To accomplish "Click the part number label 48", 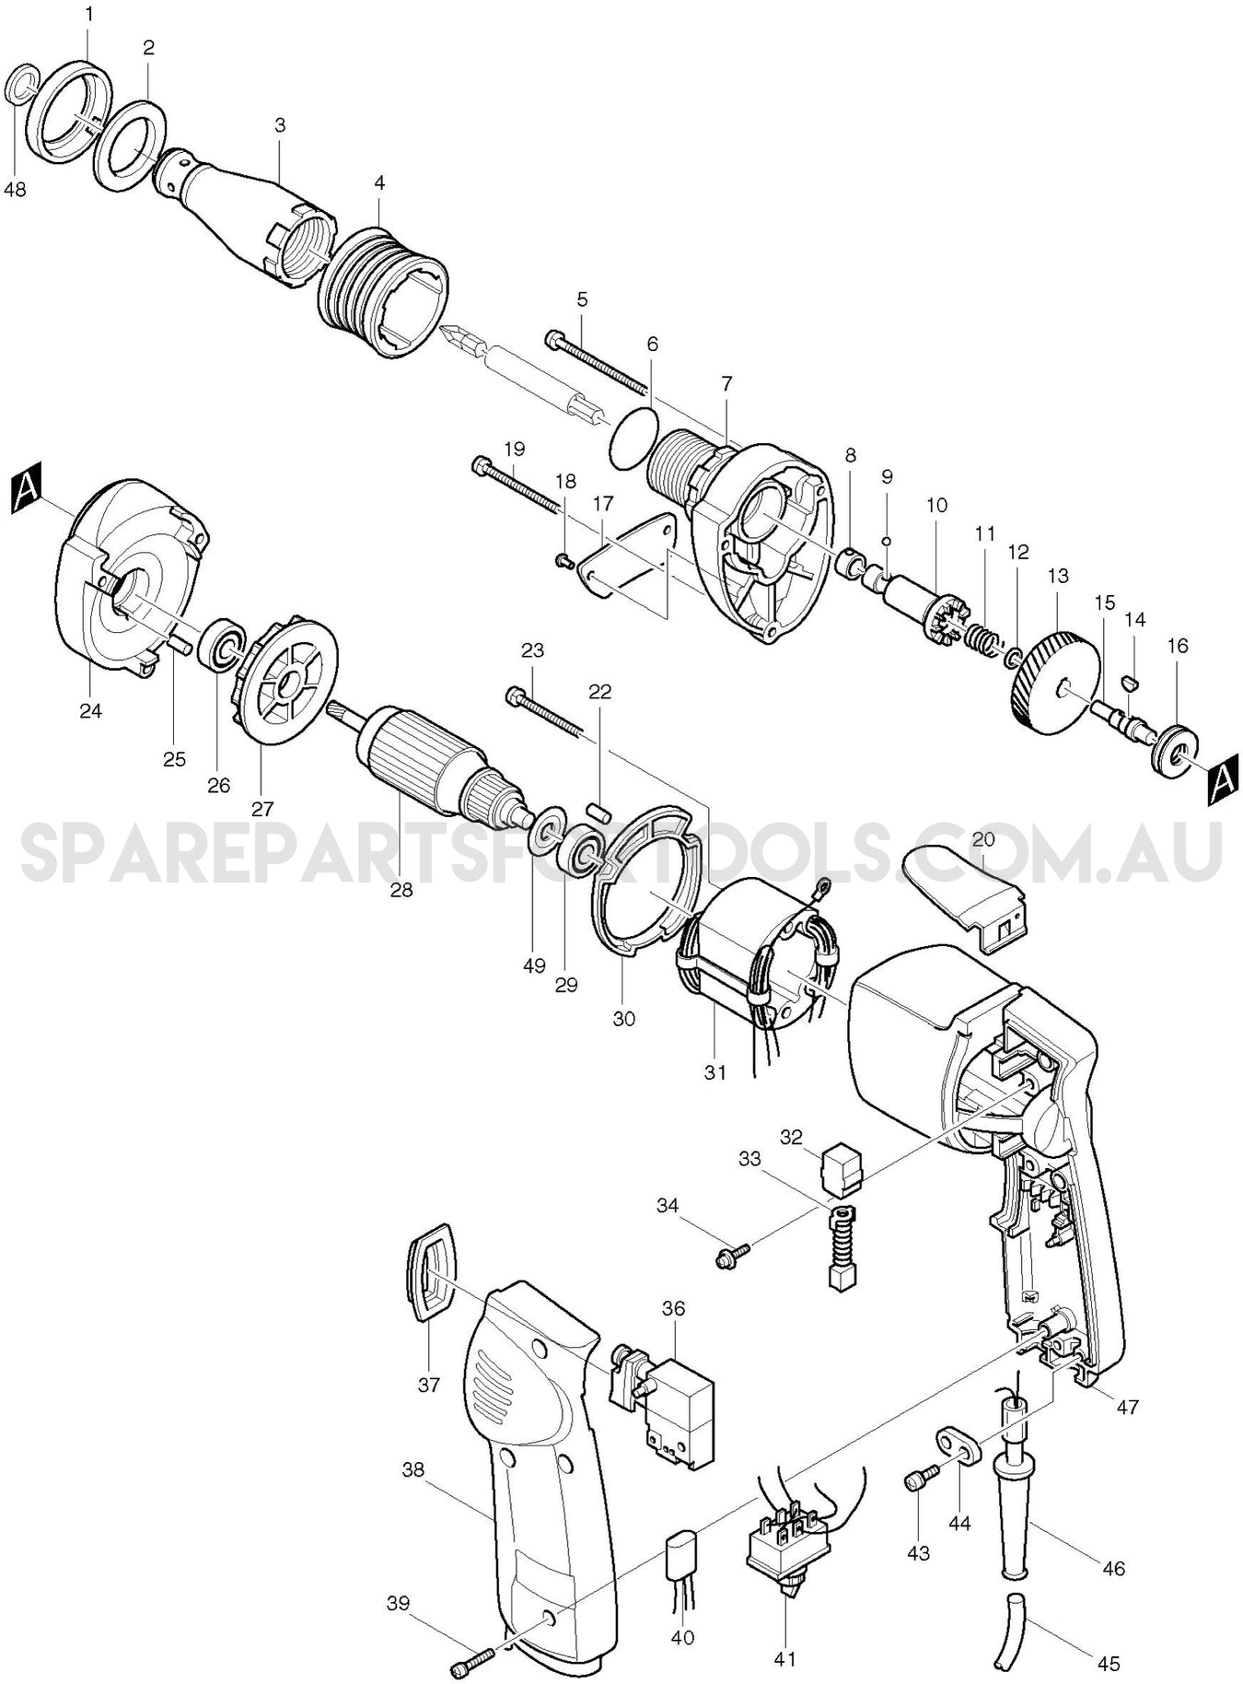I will click(x=15, y=190).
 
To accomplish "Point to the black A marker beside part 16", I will click(x=1220, y=779).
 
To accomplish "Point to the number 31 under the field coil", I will click(x=715, y=1072).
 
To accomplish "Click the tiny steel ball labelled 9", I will click(x=886, y=541).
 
